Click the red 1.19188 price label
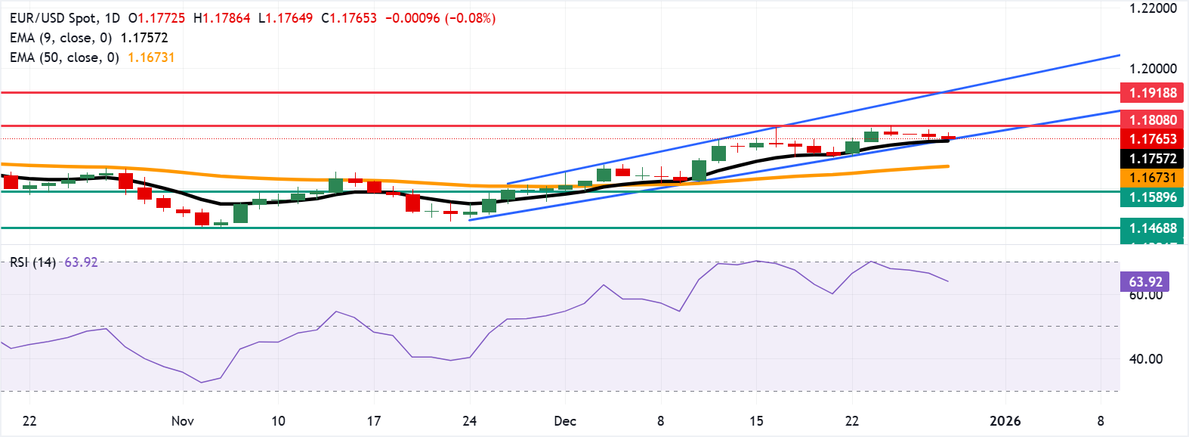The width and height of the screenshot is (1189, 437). point(1153,93)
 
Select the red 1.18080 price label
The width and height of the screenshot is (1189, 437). point(1153,119)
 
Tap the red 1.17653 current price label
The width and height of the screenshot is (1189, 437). point(1153,139)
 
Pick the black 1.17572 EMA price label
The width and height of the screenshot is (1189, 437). point(1153,159)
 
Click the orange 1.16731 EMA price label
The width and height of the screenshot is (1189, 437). point(1153,178)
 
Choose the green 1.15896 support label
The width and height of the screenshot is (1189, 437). point(1153,197)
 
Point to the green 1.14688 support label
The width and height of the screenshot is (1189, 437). point(1153,228)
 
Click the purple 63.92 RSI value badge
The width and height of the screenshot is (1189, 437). point(1145,282)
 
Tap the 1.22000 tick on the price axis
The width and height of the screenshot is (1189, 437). point(1153,9)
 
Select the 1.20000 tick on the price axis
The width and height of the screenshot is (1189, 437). point(1153,69)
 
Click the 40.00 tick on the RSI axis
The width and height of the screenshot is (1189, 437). point(1145,359)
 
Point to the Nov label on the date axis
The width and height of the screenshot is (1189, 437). point(183,421)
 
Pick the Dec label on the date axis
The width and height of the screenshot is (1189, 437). point(565,421)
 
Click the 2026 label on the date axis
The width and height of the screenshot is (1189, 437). point(1005,421)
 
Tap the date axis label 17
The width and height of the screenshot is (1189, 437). point(373,421)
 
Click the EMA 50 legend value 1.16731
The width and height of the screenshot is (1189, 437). point(151,57)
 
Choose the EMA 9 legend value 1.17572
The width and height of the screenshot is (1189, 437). point(144,38)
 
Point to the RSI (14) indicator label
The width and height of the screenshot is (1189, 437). point(32,262)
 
